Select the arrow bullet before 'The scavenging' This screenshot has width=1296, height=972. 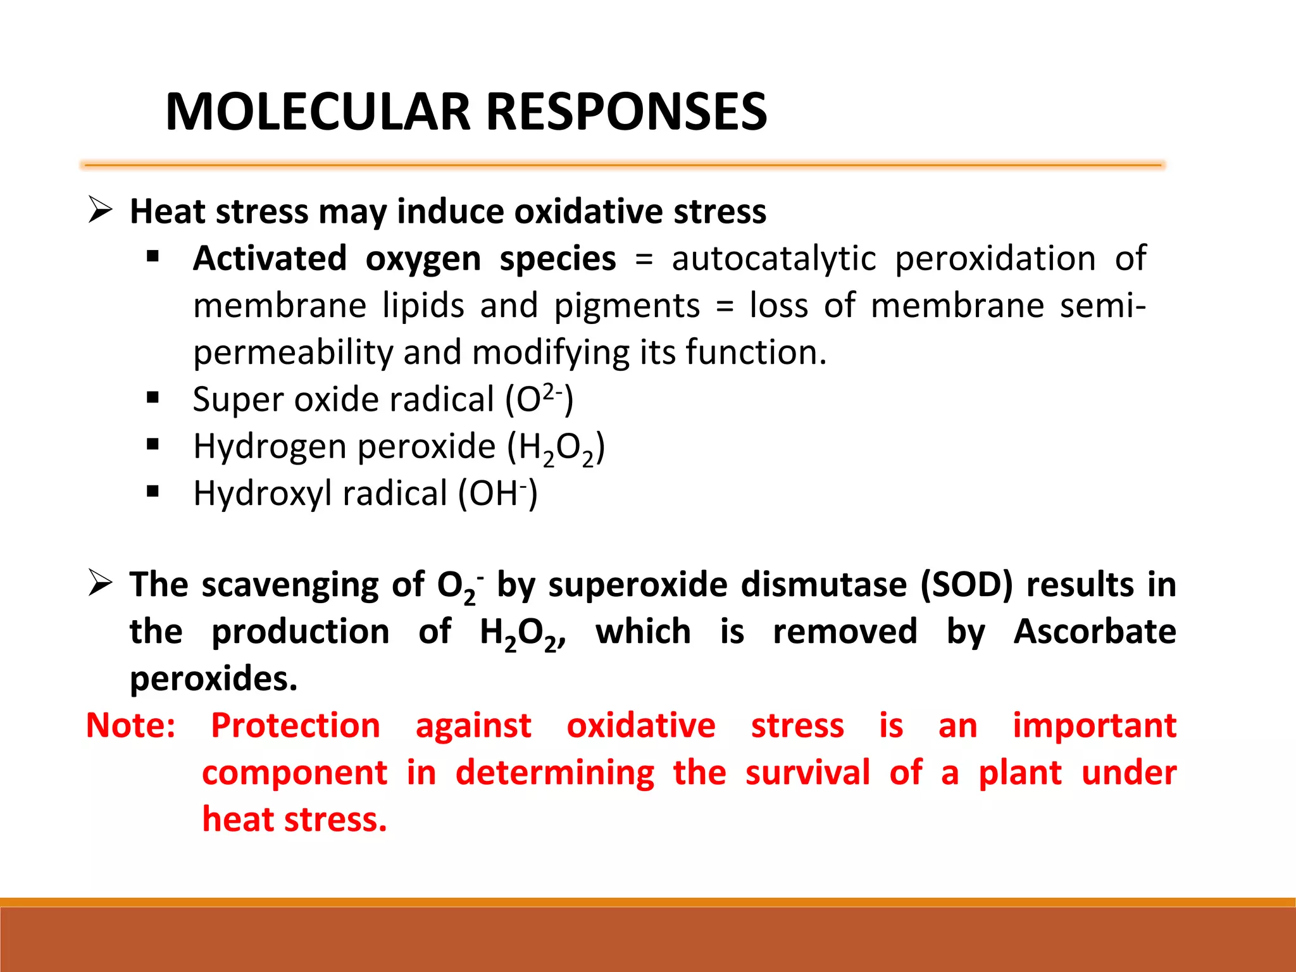coord(101,583)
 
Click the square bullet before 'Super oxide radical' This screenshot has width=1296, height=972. coord(153,398)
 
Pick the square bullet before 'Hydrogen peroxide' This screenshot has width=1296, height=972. coord(153,445)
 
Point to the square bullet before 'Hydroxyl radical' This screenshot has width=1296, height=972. coord(153,492)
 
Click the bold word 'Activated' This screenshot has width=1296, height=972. coord(270,258)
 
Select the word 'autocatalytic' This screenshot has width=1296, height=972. coord(773,258)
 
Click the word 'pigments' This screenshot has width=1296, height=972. coord(626,306)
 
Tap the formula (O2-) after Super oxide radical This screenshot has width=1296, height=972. coord(539,399)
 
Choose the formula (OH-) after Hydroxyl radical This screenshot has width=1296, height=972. coord(497,494)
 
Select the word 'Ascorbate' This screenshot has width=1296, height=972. coord(1094,631)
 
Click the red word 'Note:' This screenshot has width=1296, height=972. coord(131,725)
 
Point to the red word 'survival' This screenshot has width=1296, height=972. coord(807,773)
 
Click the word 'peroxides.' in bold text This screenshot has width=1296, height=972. coord(213,679)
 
